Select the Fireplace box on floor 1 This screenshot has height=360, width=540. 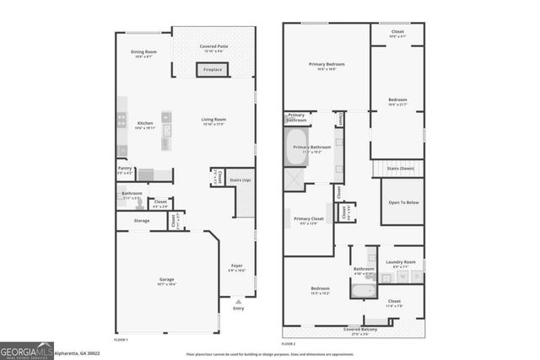213,70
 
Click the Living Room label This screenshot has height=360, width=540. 213,121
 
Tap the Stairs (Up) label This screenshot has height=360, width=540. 240,180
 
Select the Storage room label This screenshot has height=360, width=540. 141,221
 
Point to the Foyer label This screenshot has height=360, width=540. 237,266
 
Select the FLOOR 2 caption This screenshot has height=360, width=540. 289,344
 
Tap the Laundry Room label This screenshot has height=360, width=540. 401,262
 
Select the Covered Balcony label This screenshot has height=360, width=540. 354,330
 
